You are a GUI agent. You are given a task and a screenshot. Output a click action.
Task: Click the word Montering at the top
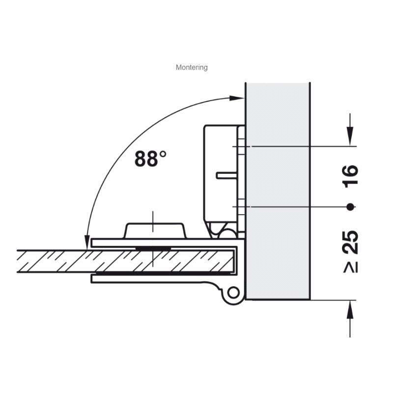point(192,67)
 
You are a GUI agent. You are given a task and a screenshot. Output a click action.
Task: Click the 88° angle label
point(150,158)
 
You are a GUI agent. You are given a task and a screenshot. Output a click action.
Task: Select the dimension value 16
point(350,176)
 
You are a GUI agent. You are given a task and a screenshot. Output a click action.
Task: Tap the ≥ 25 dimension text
point(350,252)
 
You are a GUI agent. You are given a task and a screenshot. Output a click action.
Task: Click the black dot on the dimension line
point(350,207)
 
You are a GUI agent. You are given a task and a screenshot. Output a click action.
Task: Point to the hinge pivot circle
point(233,292)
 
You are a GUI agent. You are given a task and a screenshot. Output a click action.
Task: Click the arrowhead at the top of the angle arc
point(237,98)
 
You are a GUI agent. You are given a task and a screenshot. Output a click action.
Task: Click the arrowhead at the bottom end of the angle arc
point(87,242)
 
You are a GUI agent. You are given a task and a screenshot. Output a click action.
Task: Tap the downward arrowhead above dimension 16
point(350,137)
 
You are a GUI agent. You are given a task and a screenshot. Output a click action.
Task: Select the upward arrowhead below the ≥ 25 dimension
point(350,309)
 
